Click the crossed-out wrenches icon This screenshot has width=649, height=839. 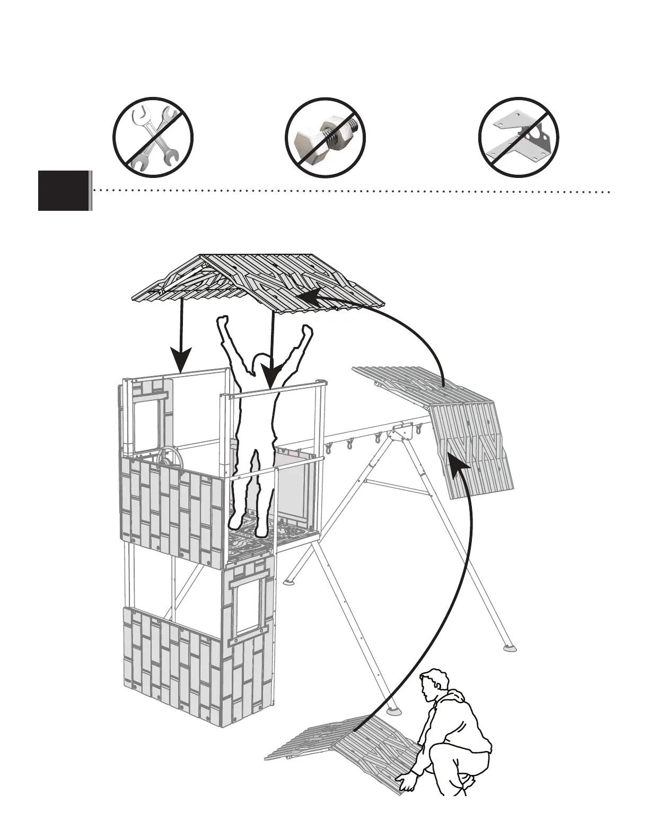153,137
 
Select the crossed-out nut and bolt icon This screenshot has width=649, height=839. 326,137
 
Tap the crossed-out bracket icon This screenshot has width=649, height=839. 519,137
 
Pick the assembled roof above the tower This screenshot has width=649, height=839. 260,281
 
